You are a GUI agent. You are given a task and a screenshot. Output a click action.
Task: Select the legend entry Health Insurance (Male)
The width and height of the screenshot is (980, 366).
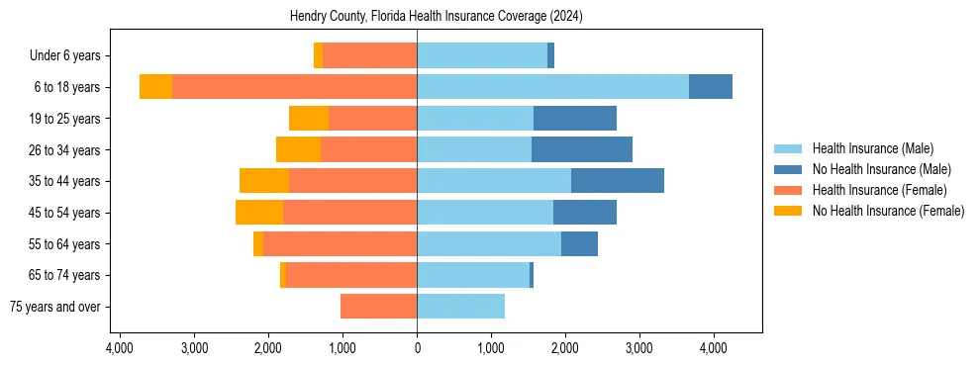tap(872, 148)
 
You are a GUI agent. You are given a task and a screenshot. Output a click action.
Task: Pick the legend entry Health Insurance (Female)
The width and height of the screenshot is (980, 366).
tap(879, 190)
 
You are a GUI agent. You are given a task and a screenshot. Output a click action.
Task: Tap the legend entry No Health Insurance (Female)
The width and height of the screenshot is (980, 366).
tap(888, 211)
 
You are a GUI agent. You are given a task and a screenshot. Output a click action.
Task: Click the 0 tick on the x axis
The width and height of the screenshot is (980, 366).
tap(417, 348)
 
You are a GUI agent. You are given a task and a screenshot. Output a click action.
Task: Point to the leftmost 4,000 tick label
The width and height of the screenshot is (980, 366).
tap(120, 348)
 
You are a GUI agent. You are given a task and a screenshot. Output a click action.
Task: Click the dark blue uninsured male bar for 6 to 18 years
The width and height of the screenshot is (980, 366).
tap(711, 87)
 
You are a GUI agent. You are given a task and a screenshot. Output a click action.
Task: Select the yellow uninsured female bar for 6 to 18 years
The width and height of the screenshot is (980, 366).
tap(155, 87)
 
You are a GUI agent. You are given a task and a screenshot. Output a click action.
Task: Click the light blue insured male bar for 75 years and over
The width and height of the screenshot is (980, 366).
tap(460, 307)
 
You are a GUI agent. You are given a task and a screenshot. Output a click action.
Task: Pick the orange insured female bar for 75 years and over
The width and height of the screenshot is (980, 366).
tap(378, 307)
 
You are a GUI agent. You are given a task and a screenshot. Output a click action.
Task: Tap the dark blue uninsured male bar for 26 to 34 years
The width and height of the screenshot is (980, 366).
tap(582, 149)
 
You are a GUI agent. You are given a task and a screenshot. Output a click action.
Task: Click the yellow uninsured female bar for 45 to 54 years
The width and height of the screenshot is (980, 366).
tap(259, 213)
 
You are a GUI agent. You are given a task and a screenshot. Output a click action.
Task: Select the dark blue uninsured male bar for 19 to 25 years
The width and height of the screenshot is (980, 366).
tap(575, 119)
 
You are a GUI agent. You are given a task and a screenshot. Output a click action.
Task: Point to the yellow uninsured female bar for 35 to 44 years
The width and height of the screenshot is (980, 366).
tap(264, 181)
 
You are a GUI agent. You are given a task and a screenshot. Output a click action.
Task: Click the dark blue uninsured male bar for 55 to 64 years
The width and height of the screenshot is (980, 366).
tap(579, 243)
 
